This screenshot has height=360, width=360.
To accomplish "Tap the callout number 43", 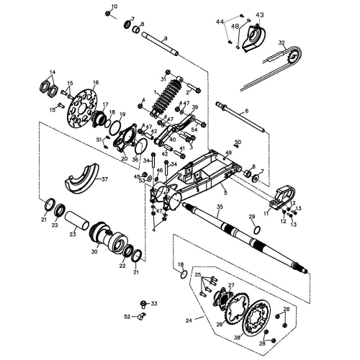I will click(260, 14).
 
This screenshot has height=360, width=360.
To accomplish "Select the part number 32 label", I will click(282, 43).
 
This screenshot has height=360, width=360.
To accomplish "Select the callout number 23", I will click(72, 233).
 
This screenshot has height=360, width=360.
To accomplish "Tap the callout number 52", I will click(127, 316).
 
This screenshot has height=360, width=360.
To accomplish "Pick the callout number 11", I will click(265, 213).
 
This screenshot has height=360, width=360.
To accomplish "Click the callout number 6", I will click(246, 110).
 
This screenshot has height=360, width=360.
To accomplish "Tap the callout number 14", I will click(53, 72).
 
